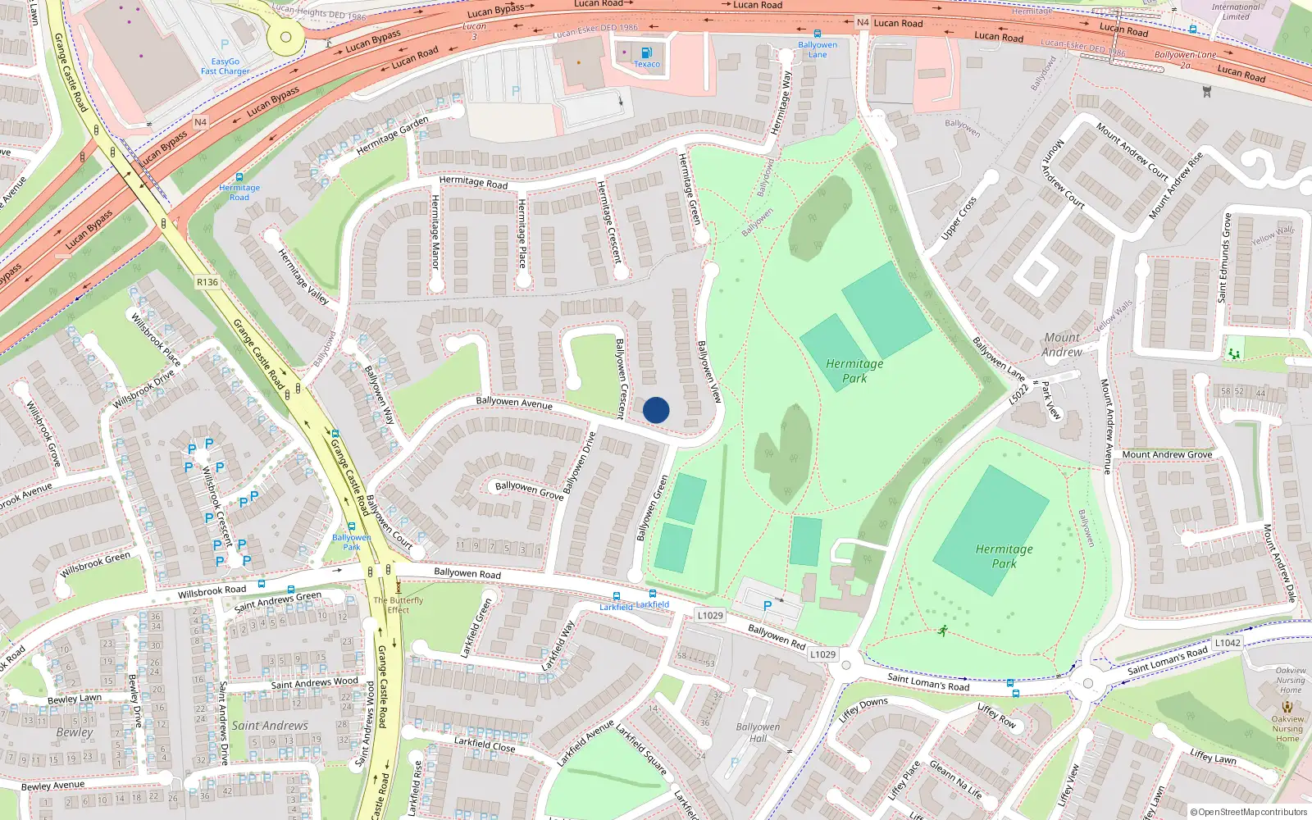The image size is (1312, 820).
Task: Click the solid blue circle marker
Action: click(x=656, y=410)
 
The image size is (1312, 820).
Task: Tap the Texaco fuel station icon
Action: click(x=647, y=53)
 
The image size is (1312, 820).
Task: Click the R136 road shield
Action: click(x=207, y=282)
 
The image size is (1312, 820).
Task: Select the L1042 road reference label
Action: click(x=1228, y=643)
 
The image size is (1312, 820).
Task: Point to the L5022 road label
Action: click(x=1018, y=394)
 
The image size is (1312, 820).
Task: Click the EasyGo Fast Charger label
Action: click(x=225, y=66)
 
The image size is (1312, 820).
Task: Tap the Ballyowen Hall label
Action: click(x=758, y=732)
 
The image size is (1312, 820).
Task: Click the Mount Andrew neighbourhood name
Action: click(x=1062, y=344)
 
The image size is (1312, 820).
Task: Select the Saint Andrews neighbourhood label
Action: click(x=270, y=726)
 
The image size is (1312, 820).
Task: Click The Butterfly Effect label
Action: click(x=399, y=605)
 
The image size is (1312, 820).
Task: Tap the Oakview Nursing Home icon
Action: click(x=1287, y=707)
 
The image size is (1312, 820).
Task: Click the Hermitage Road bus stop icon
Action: click(x=239, y=177)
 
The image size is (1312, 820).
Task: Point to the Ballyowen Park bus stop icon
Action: click(x=352, y=527)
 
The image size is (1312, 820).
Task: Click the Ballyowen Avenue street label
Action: click(x=514, y=402)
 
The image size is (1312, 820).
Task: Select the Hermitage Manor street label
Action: click(x=435, y=232)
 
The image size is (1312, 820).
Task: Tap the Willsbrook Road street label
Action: click(x=212, y=591)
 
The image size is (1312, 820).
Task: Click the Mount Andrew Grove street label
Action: click(x=1167, y=454)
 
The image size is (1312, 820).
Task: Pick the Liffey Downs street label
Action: click(x=863, y=709)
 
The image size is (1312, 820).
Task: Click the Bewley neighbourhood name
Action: click(x=75, y=732)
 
